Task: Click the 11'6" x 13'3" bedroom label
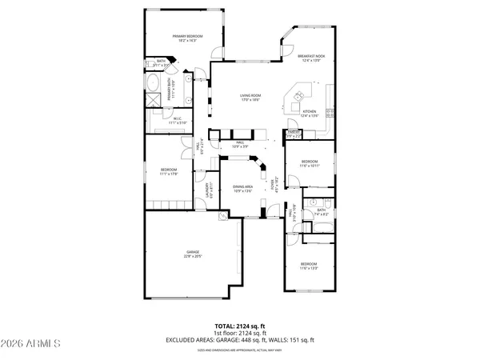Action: [309, 266]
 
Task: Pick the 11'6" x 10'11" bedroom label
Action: [309, 164]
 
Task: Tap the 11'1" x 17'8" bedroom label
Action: [168, 171]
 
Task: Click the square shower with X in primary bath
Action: [151, 101]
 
